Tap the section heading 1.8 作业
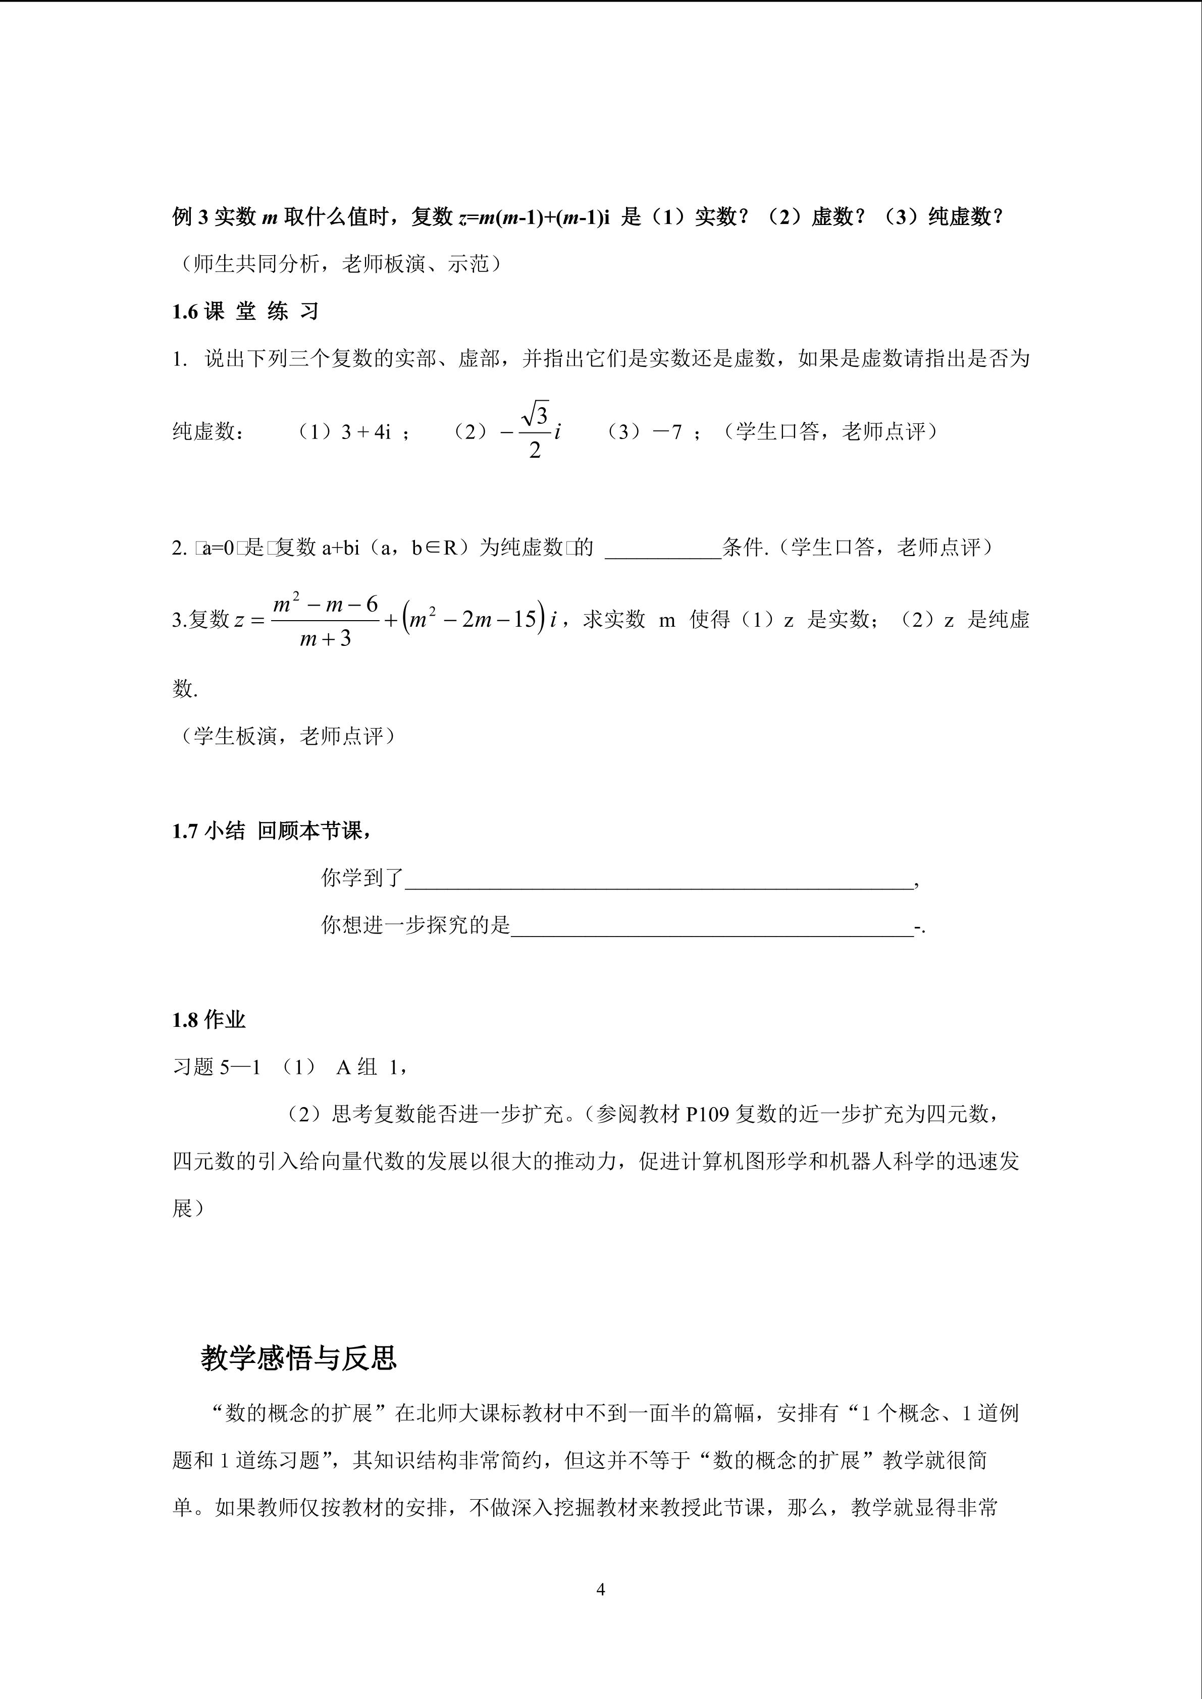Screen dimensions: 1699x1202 point(208,1020)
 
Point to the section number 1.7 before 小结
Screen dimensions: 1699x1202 point(185,831)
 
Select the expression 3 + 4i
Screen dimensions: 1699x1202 point(365,432)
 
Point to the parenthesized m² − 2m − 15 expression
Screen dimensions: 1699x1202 point(474,619)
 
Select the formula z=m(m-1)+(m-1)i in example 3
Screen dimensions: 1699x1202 point(534,217)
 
